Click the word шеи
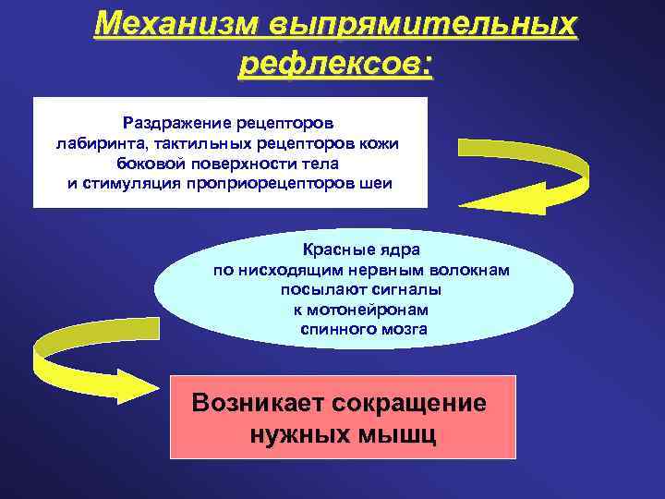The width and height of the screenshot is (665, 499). (x=376, y=183)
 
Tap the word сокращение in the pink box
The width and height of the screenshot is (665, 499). (x=404, y=403)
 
